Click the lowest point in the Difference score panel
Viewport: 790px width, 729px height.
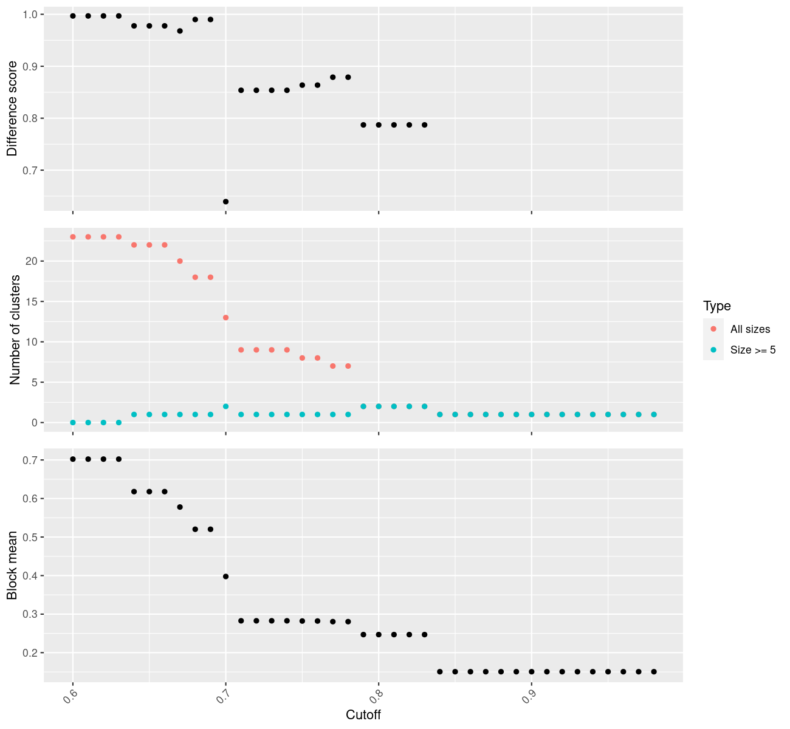(225, 201)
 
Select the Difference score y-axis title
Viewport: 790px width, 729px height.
(12, 109)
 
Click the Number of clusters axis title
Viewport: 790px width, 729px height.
(15, 330)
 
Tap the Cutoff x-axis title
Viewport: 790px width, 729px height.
(363, 715)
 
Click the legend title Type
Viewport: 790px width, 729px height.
(716, 306)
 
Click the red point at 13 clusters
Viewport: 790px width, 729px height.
(225, 318)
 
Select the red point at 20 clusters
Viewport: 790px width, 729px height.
(180, 261)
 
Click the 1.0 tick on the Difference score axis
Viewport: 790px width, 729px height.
(29, 15)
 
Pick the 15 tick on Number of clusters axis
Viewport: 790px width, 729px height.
(32, 302)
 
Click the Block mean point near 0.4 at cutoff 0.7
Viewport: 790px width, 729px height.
(225, 577)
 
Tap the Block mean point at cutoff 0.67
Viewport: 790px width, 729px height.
(180, 507)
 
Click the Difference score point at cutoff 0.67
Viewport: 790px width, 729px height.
(180, 31)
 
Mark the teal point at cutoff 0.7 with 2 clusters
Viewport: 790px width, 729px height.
(225, 406)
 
